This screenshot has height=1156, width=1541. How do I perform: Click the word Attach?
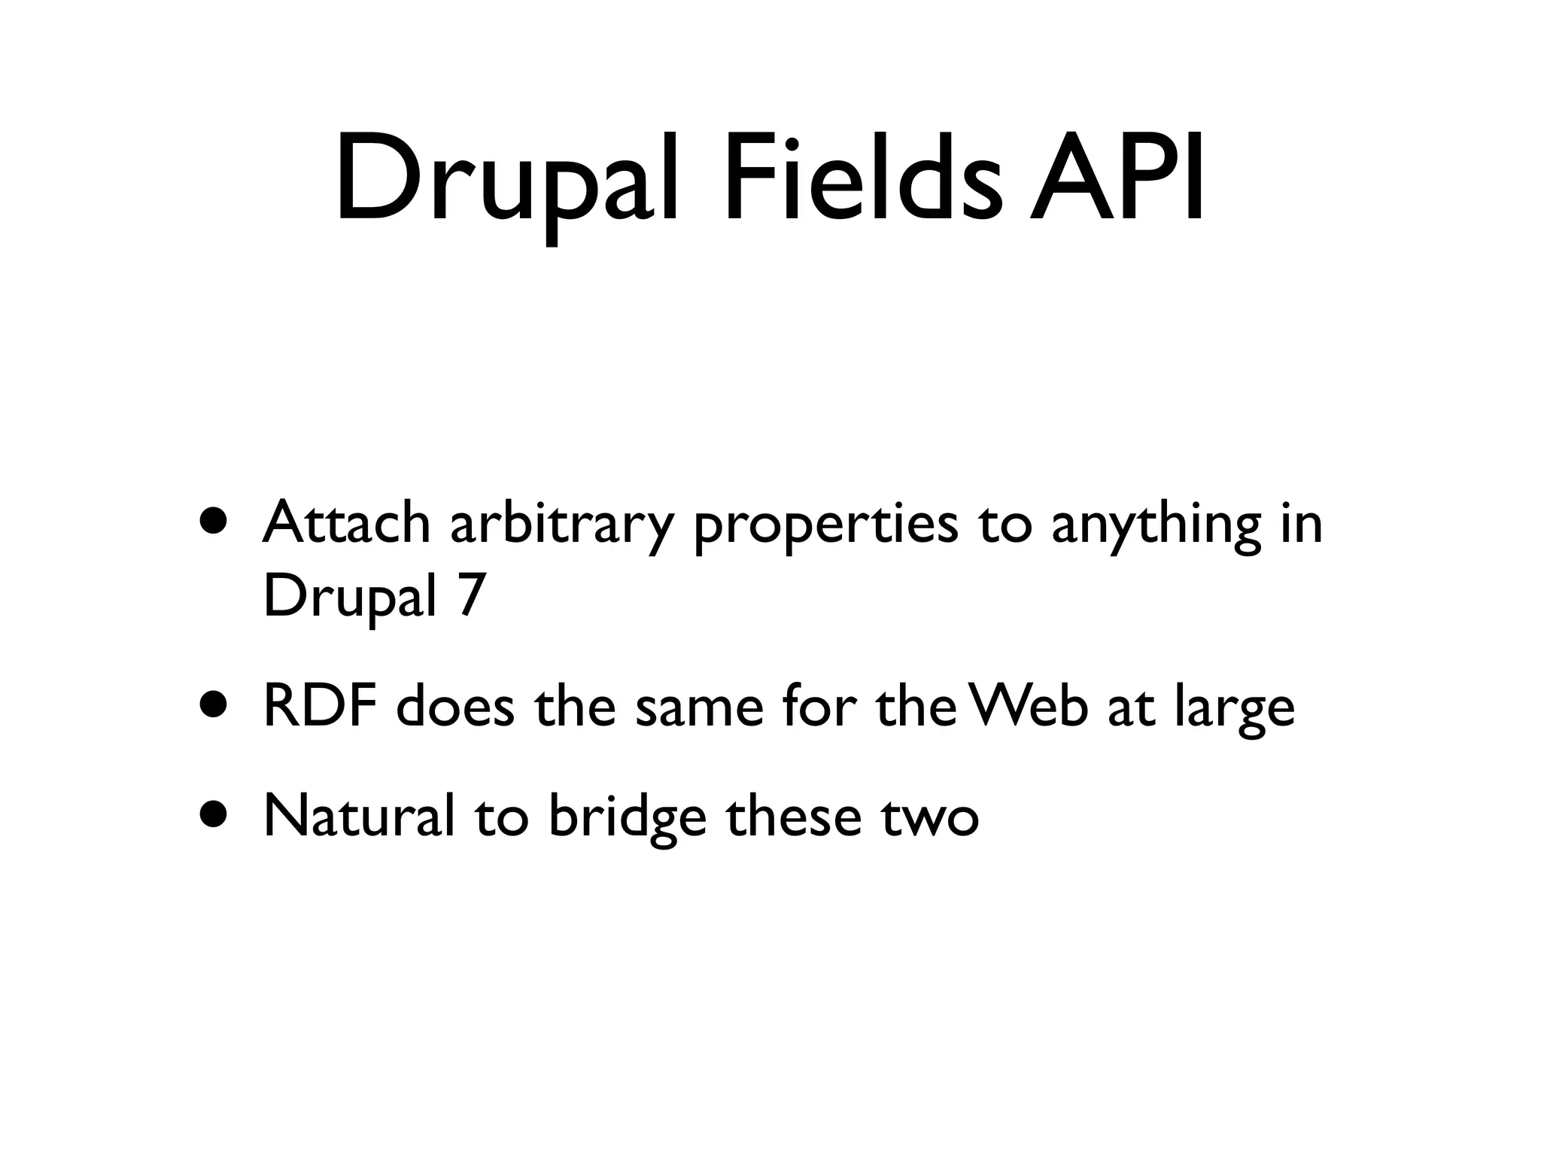[x=346, y=522]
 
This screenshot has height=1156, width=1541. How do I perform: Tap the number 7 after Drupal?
[x=471, y=595]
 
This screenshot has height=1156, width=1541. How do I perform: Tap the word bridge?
[x=628, y=819]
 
